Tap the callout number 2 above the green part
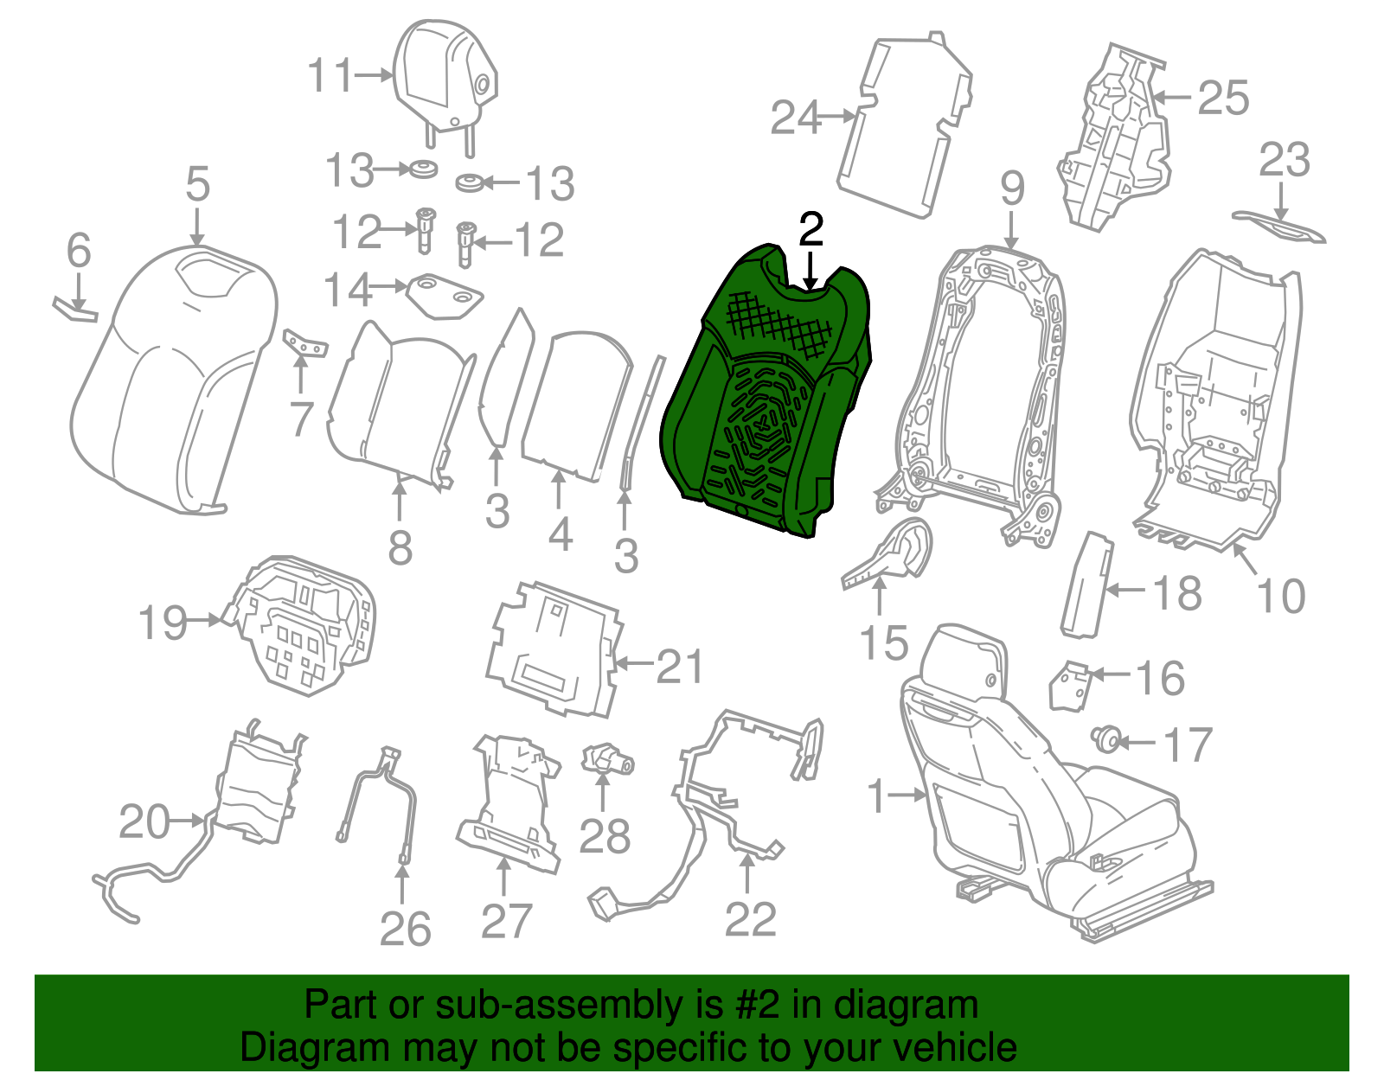click(x=811, y=229)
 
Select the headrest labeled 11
click(x=444, y=83)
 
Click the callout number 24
click(x=795, y=118)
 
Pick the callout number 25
click(x=1223, y=99)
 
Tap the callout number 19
click(x=163, y=623)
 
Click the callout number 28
click(x=605, y=836)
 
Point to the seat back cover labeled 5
click(x=173, y=382)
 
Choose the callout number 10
click(x=1280, y=597)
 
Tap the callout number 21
click(x=679, y=667)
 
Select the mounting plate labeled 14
click(x=445, y=296)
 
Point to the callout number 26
click(x=405, y=930)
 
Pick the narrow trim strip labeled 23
click(x=1279, y=228)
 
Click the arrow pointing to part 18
click(x=1127, y=590)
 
